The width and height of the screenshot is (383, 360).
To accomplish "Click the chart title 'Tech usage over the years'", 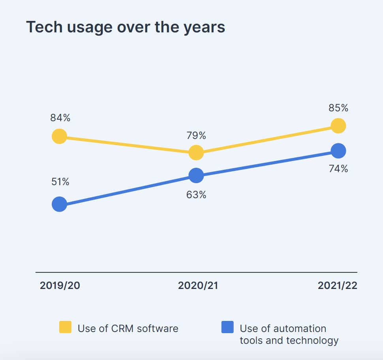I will click(126, 27).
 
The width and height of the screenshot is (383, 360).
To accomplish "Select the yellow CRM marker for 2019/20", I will click(59, 136).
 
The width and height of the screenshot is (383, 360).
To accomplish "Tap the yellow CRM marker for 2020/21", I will click(196, 152).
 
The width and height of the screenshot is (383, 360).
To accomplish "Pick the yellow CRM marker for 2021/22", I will click(338, 126).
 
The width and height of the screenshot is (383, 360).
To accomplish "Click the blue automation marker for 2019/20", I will click(59, 204).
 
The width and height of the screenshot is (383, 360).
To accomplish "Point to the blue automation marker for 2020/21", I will click(196, 175).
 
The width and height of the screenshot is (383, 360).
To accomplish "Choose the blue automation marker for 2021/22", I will click(338, 150).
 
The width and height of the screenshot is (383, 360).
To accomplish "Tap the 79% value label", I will click(196, 136).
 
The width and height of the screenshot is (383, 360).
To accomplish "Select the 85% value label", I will click(338, 108).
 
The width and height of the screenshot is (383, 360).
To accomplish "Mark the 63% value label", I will click(196, 195).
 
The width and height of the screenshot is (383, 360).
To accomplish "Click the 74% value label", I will click(338, 169).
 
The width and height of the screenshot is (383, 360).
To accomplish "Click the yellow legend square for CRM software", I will click(65, 327).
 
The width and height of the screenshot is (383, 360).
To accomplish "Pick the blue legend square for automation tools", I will click(227, 327).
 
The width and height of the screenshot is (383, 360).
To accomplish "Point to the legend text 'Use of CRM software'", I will click(128, 328).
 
